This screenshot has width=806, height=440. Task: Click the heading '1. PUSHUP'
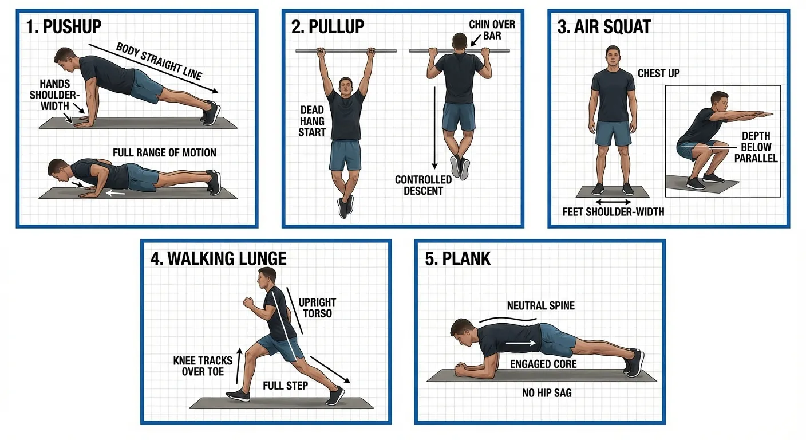point(64,26)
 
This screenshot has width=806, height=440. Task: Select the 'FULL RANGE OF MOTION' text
point(164,153)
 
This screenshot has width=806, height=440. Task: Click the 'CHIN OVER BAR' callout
point(492,30)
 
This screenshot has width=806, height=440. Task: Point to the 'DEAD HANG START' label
point(312,121)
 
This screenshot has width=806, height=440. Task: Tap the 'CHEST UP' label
point(659,73)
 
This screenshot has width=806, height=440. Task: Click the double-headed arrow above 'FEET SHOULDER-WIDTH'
point(613,202)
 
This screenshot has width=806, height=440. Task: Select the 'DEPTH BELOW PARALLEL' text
point(756,147)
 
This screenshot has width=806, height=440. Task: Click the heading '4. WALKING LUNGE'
point(218,258)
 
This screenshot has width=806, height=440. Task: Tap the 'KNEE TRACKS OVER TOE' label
point(203,366)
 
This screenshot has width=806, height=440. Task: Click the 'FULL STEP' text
point(285,386)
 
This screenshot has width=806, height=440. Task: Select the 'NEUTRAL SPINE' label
point(540,306)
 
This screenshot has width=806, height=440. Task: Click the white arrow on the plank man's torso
point(520,343)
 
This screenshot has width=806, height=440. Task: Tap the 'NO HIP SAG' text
point(547,393)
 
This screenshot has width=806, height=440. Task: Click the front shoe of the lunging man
point(238,395)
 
